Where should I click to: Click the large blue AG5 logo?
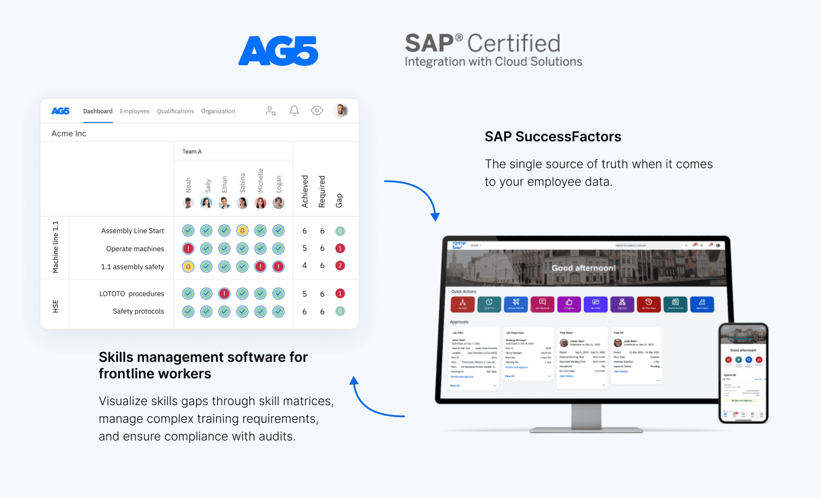click(278, 51)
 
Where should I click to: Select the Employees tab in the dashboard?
click(134, 111)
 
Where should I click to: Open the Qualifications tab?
click(175, 111)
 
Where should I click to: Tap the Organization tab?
click(218, 111)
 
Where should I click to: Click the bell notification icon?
click(294, 111)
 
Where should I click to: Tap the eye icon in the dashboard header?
click(317, 111)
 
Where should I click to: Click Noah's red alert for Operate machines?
click(188, 249)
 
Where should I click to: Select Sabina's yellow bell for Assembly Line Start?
click(242, 231)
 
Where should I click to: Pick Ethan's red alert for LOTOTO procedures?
click(224, 294)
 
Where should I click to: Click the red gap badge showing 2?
click(340, 266)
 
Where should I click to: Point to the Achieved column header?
click(305, 192)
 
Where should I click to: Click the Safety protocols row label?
click(138, 311)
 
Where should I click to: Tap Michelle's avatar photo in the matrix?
click(260, 203)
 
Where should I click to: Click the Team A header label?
click(192, 151)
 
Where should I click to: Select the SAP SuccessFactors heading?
click(553, 137)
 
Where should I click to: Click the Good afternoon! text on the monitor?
click(583, 268)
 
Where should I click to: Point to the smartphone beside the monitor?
click(743, 373)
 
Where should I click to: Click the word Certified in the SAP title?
click(514, 43)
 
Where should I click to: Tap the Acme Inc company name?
click(69, 133)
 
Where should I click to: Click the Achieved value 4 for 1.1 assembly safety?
click(305, 266)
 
